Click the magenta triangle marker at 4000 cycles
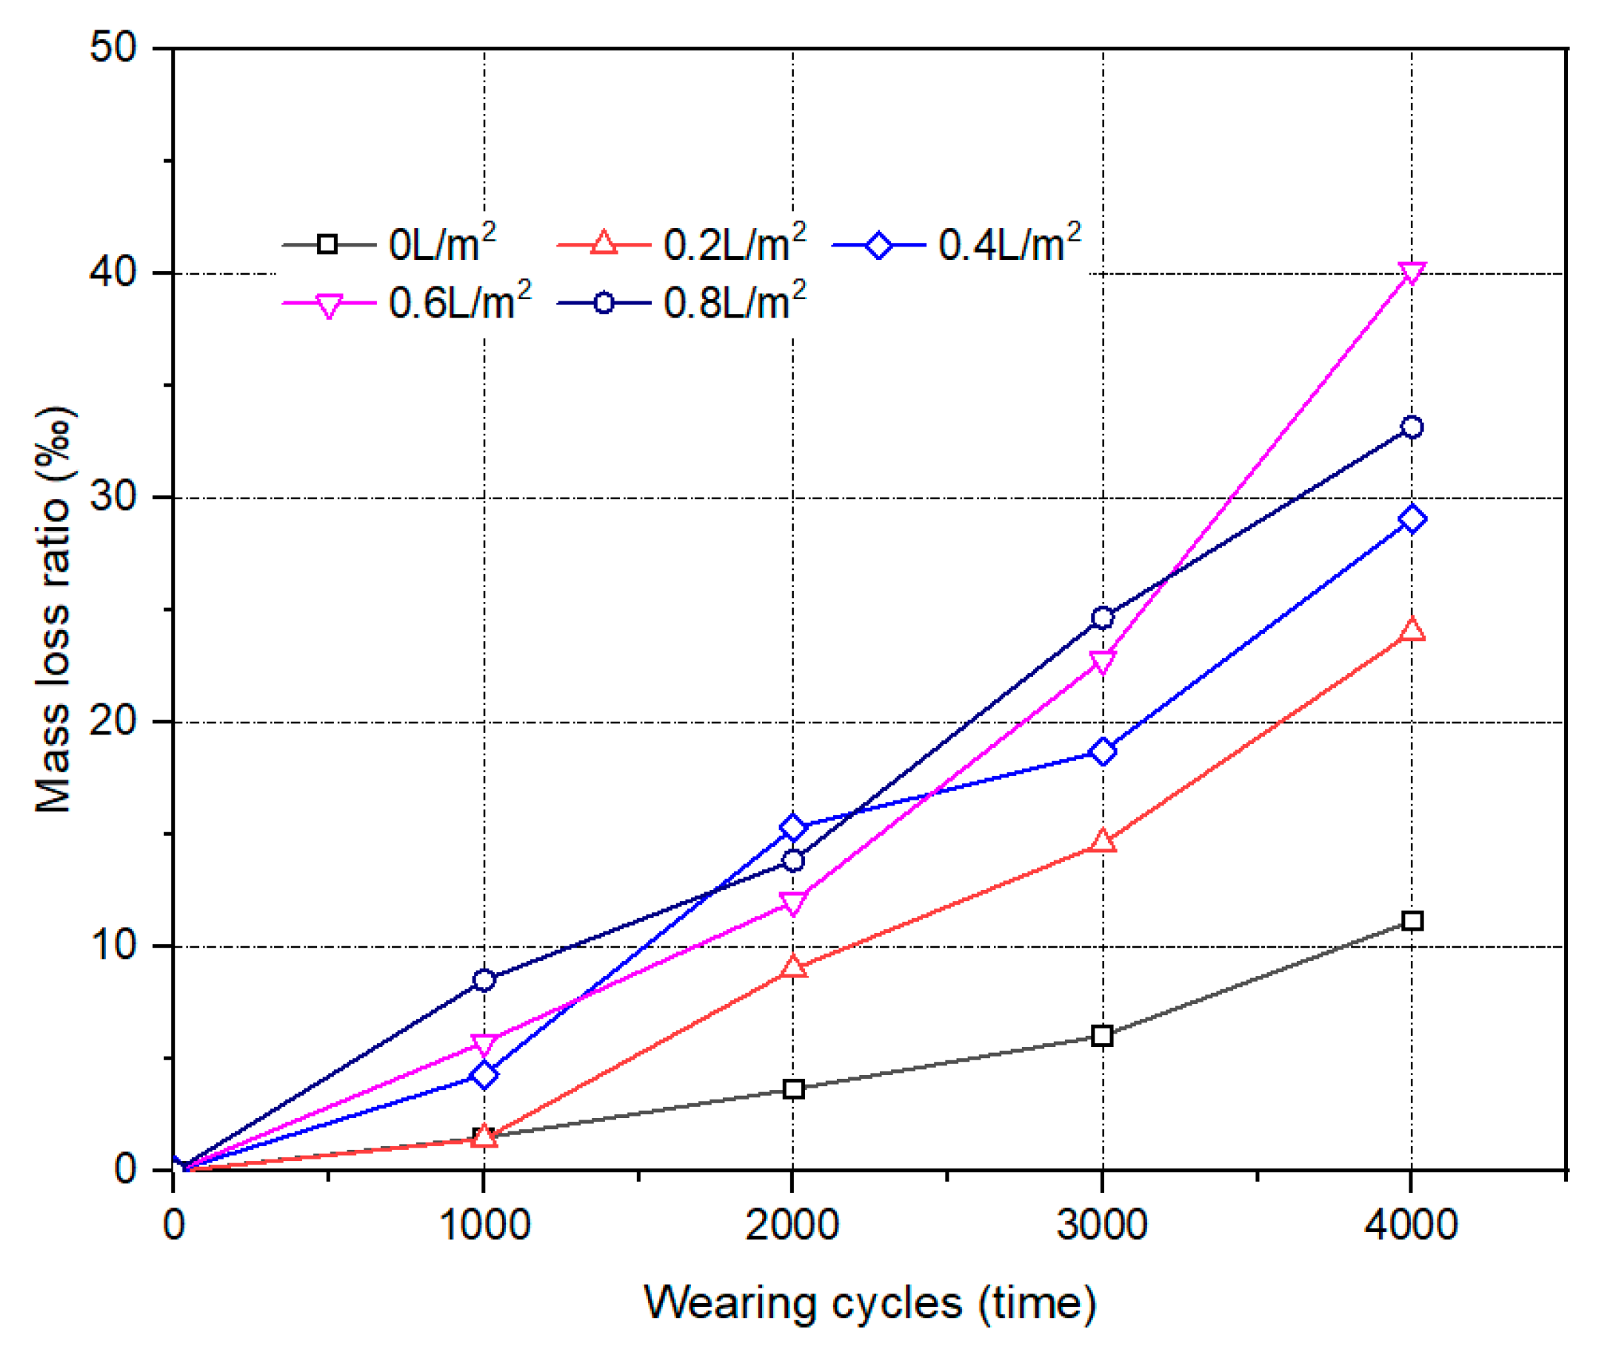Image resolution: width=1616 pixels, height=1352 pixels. click(x=1412, y=272)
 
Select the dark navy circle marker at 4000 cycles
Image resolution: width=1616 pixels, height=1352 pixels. click(x=1412, y=426)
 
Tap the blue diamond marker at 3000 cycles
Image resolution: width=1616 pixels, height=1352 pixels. click(x=1102, y=751)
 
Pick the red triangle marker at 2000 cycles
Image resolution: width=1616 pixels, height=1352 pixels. click(x=792, y=967)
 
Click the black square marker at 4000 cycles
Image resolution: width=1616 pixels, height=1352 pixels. click(x=1412, y=920)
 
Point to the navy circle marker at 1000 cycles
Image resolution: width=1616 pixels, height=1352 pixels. click(x=484, y=980)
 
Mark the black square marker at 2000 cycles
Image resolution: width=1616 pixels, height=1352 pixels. click(x=792, y=1088)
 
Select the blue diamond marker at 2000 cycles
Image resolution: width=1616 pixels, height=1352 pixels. click(x=792, y=827)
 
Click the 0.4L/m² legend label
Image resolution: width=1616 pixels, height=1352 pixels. click(x=1009, y=244)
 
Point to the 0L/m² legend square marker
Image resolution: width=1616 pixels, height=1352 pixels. click(x=327, y=244)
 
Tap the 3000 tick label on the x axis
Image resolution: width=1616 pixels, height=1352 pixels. click(x=1102, y=1224)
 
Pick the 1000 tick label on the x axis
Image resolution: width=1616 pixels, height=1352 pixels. click(x=484, y=1224)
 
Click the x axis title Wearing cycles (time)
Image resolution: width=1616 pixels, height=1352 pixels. click(x=869, y=1302)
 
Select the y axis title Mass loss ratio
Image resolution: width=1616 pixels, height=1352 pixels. click(x=54, y=608)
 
